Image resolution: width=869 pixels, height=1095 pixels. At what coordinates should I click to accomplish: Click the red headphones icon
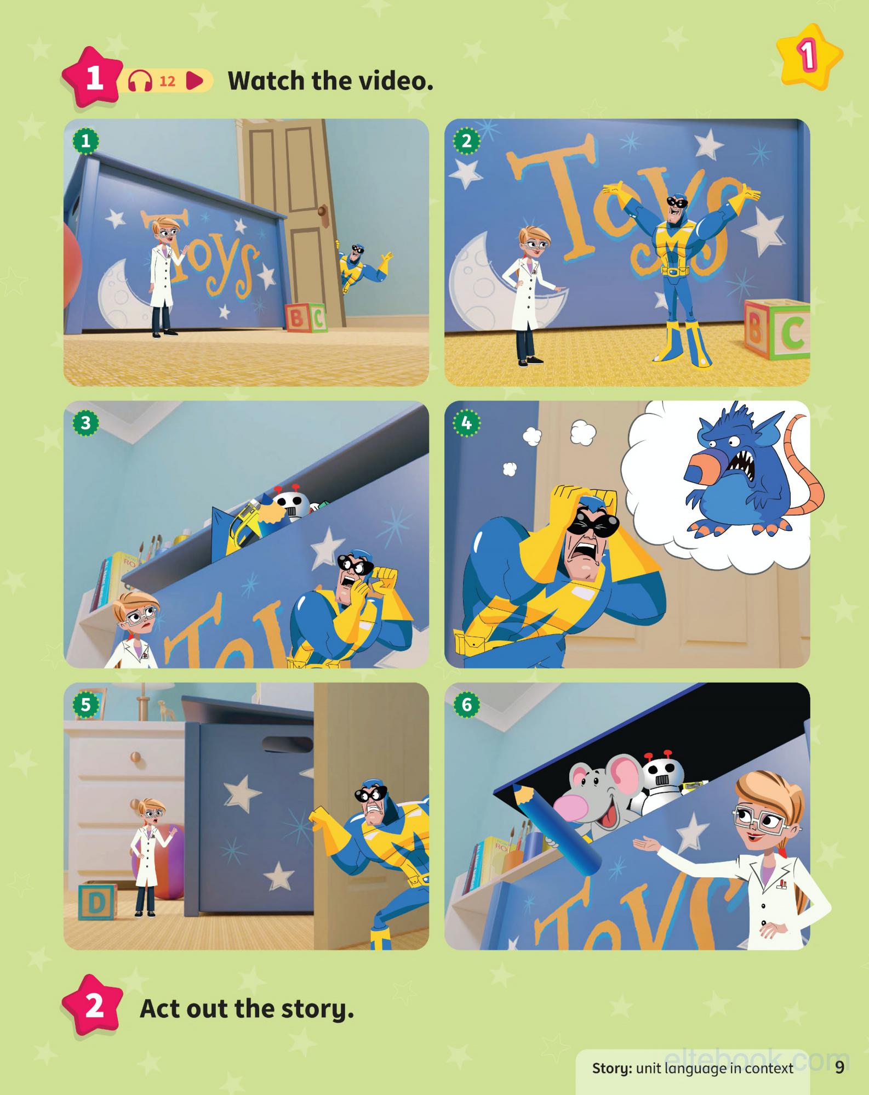coord(140,82)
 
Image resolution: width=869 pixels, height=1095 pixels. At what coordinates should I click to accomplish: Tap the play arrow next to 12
coord(195,82)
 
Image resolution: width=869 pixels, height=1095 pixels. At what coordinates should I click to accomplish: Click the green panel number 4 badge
coord(466,423)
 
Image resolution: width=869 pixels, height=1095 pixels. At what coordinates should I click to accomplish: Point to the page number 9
coord(839,1067)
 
